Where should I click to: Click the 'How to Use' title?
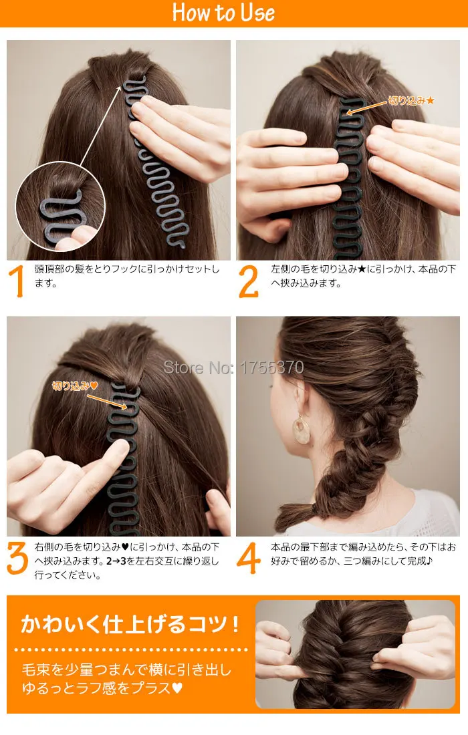point(223,13)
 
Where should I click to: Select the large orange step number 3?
point(17,559)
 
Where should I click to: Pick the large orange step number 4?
point(248,559)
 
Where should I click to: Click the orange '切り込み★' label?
point(412,101)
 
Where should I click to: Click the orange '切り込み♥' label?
point(76,386)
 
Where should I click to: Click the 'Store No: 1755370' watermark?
point(234,367)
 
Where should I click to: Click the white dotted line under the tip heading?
point(130,649)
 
